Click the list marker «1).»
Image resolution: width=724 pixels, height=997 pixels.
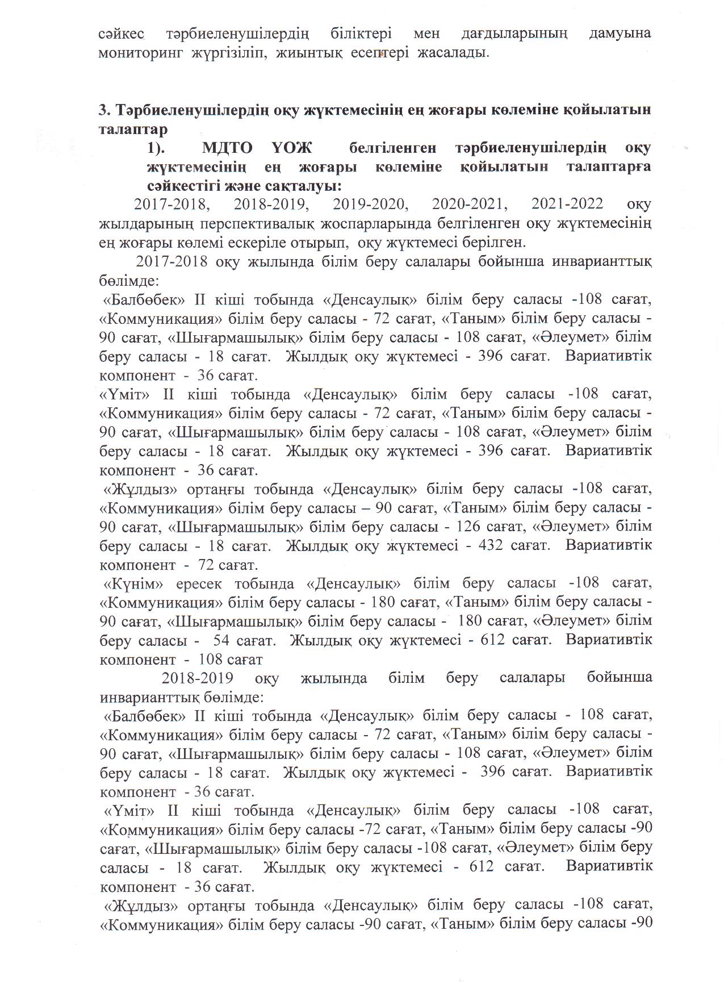pyautogui.click(x=161, y=148)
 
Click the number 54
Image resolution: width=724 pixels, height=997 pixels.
pyautogui.click(x=223, y=640)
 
